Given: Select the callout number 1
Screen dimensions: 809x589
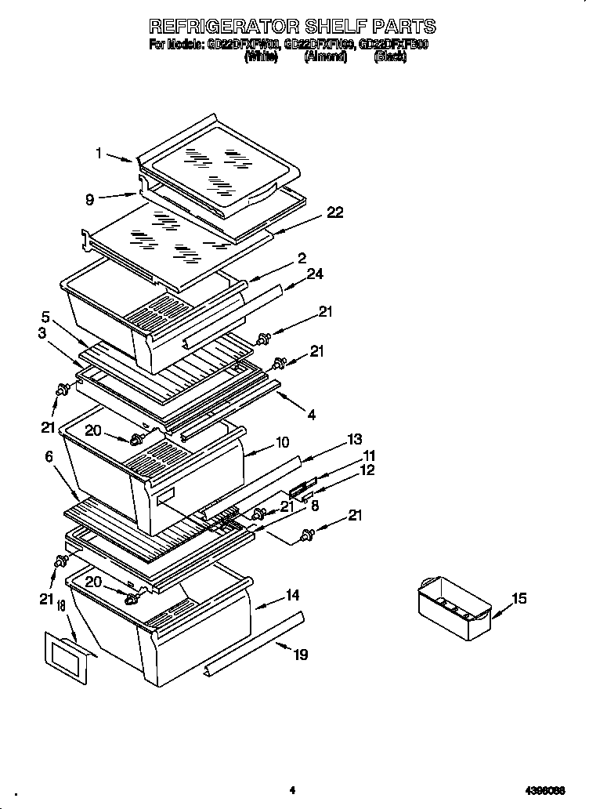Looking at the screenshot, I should [x=99, y=154].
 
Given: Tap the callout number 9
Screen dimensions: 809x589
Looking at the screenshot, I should [x=90, y=199].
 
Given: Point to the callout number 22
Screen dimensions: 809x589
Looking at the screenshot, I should [x=334, y=213].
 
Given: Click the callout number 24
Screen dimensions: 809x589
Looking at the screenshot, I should [x=315, y=274].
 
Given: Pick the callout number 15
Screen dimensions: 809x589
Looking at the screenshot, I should [x=519, y=599].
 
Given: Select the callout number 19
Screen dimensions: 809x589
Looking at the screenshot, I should [x=300, y=655].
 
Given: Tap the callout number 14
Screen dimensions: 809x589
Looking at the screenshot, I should [x=292, y=596].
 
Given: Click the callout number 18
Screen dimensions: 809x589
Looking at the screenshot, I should [x=61, y=610].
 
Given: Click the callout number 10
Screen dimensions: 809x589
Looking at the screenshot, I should [x=283, y=443].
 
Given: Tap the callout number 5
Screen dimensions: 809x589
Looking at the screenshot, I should [x=45, y=317].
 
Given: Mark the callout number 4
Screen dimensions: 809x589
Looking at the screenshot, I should [x=312, y=414].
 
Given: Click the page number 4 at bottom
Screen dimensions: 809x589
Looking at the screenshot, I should [x=291, y=790].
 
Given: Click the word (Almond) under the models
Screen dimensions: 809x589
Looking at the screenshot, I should [x=325, y=57].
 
